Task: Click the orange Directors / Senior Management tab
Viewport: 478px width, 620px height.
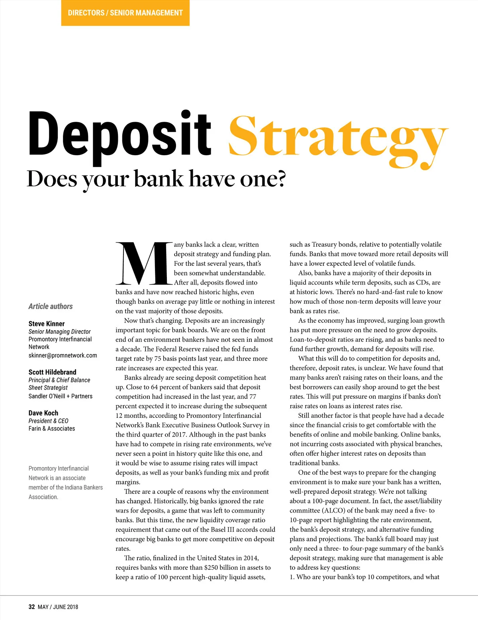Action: tap(125, 13)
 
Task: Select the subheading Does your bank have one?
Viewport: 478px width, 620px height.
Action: tap(156, 179)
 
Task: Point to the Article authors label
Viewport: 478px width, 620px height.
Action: tap(51, 306)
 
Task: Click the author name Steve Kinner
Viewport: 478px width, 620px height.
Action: tap(47, 324)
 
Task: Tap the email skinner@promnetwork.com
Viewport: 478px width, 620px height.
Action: tap(63, 355)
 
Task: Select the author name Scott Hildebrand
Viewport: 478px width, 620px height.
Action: tap(52, 372)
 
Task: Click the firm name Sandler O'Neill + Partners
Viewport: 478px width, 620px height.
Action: tap(60, 396)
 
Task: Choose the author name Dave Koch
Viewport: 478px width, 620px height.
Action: tap(43, 413)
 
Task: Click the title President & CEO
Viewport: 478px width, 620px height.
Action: tap(48, 421)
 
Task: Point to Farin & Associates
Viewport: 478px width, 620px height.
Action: tap(52, 429)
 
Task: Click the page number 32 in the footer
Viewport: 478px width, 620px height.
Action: tap(32, 607)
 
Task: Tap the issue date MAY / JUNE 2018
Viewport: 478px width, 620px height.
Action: tap(58, 607)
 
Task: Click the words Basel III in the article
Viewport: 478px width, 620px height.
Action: tap(219, 530)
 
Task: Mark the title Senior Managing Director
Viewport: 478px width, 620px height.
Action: tap(59, 331)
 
